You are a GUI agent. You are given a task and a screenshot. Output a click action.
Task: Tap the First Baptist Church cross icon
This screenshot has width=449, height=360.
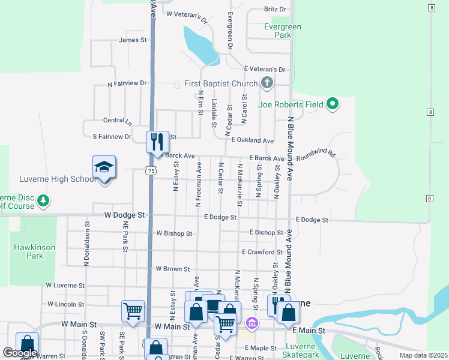[x=267, y=83]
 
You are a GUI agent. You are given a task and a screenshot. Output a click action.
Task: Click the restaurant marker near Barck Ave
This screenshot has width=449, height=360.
[x=157, y=142]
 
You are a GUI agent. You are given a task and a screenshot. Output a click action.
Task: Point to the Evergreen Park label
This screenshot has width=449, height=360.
[x=282, y=31]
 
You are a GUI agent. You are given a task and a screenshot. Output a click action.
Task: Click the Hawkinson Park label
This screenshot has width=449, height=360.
[x=27, y=251]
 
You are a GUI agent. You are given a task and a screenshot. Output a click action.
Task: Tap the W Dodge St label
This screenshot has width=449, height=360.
[x=125, y=214]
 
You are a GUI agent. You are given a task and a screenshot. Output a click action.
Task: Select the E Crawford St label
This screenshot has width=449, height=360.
[x=262, y=253]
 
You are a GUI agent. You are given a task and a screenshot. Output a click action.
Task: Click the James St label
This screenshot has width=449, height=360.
[x=133, y=40]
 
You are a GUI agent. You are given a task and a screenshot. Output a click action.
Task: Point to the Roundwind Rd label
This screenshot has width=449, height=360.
[x=315, y=154]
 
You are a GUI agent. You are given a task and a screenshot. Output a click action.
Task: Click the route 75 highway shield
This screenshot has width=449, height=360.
[x=151, y=171]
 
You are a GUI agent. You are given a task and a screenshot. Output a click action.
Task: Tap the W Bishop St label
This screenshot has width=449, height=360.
[x=174, y=233]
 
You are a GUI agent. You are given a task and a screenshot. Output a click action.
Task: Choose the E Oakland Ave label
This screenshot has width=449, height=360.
[x=253, y=140]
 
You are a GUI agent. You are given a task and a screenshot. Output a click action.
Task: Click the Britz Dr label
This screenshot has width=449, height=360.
[x=275, y=9]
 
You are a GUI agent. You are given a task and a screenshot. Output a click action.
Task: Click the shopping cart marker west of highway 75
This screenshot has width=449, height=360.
[x=133, y=311]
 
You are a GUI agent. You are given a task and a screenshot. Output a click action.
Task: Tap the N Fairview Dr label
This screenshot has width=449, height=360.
[x=127, y=83]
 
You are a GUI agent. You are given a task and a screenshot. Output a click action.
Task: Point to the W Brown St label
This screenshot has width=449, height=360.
[x=172, y=269]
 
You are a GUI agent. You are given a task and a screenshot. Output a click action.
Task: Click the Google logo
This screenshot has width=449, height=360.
[x=19, y=353]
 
